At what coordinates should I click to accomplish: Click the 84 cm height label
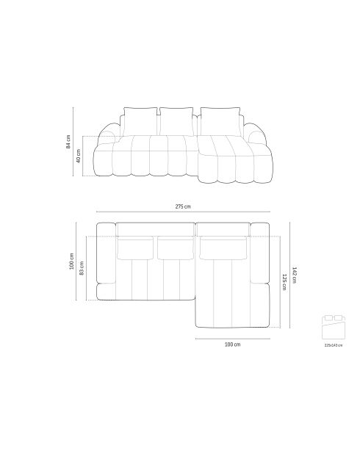pos(68,143)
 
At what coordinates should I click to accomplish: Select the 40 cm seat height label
pos(79,156)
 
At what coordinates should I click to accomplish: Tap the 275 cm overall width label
pos(183,208)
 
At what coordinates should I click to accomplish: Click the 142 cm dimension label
pos(294,274)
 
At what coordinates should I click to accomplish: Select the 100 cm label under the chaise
pos(232,344)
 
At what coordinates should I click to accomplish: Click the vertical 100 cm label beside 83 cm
pos(71,261)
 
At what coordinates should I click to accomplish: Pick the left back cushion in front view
pos(140,120)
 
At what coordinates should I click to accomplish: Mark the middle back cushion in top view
pos(175,248)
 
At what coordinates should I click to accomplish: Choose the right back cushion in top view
pos(223,248)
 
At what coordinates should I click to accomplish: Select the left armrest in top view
pos(106,261)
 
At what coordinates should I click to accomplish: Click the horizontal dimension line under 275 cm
pos(183,215)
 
